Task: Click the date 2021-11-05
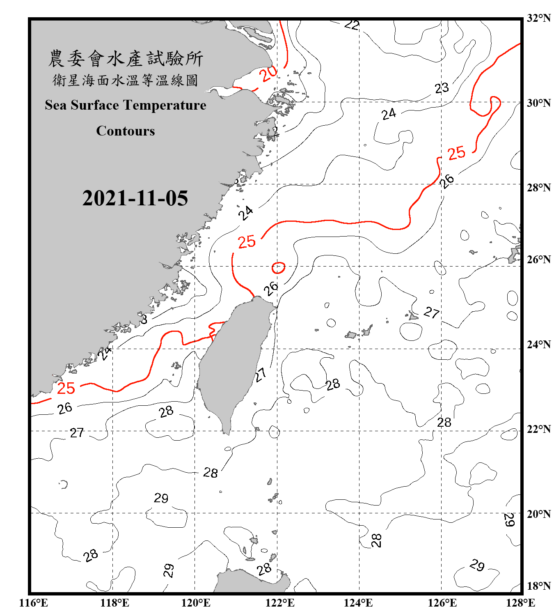click(x=135, y=198)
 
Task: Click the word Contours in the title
click(x=126, y=131)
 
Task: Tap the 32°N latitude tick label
click(x=539, y=18)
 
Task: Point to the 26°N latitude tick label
click(x=539, y=260)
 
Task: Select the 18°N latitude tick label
click(x=539, y=586)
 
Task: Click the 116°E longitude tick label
click(x=34, y=603)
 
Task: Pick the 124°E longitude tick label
click(x=358, y=603)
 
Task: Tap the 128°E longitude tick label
click(x=520, y=603)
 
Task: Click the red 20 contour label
click(x=269, y=74)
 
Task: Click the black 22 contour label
click(x=352, y=25)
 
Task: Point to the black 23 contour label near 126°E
click(x=442, y=88)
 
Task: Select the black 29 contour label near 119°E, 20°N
click(x=161, y=498)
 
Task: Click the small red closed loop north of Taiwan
click(x=279, y=268)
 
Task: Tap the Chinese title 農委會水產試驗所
click(x=126, y=59)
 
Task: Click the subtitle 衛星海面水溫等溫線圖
click(x=126, y=80)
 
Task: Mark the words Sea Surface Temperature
click(x=126, y=105)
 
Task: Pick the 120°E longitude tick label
click(x=196, y=603)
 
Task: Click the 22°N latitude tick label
click(x=539, y=429)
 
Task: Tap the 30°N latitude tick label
click(x=539, y=103)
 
